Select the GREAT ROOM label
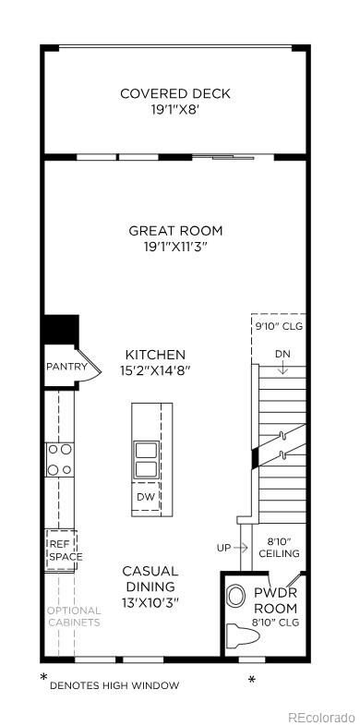point(175,230)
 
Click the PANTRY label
point(66,367)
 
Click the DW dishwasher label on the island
point(145,497)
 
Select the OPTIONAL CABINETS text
point(75,616)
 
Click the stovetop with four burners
point(60,459)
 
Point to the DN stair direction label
point(282,355)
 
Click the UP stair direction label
point(224,548)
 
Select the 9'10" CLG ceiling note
point(278,326)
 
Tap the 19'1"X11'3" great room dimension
point(175,247)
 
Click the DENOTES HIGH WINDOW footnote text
point(114,684)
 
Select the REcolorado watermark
point(320,717)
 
